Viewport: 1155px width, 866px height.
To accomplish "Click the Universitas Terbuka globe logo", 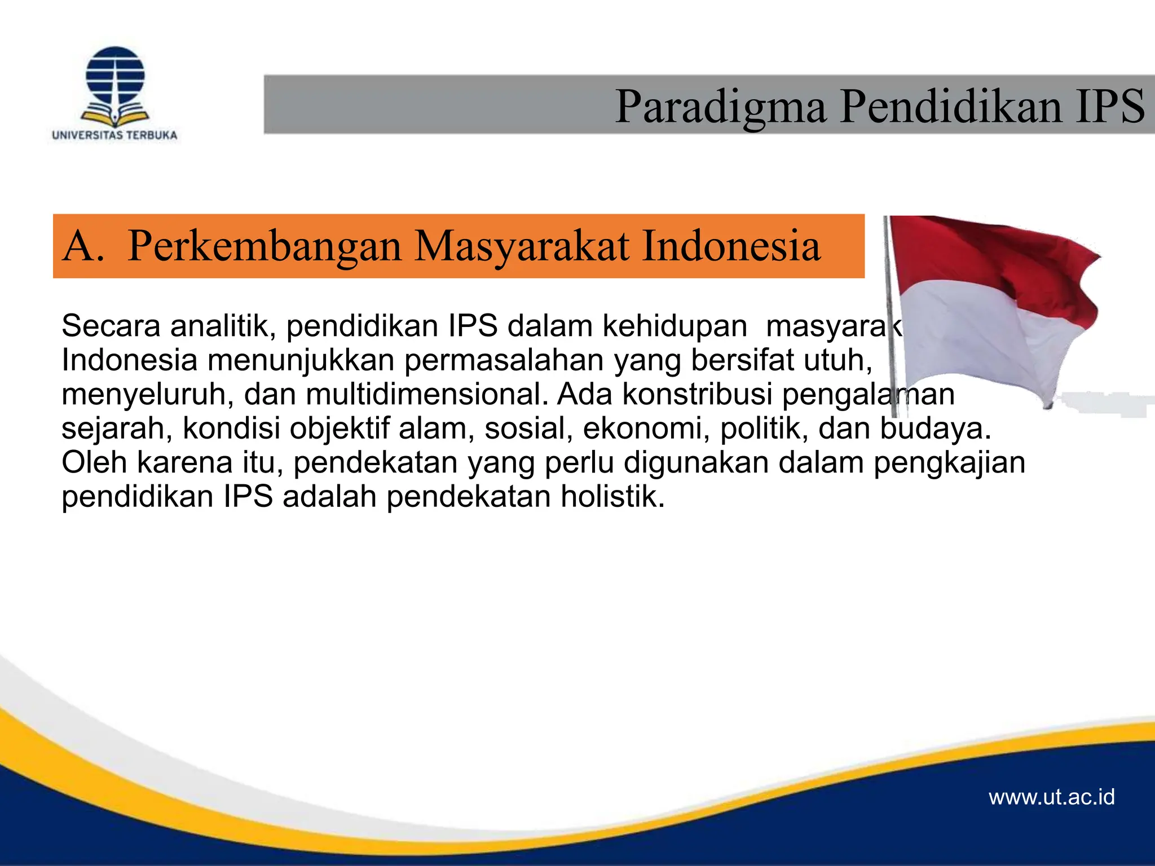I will (115, 85).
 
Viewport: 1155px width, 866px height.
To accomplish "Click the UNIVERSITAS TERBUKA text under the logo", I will (114, 135).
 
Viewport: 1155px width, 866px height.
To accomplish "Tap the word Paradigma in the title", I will (721, 107).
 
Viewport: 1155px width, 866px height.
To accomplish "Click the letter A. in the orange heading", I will (83, 246).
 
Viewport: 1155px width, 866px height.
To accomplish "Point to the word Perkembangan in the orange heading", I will (264, 246).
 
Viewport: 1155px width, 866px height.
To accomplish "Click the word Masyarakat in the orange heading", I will (522, 246).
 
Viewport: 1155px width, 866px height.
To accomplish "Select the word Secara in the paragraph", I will (111, 326).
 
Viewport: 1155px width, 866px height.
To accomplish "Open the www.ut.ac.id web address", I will (1052, 797).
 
